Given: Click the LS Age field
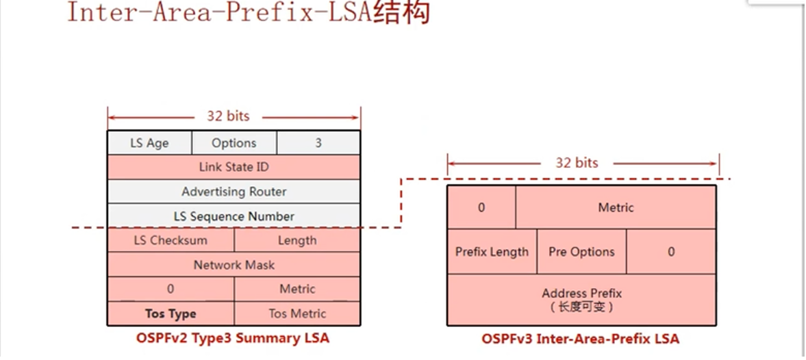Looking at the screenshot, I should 149,143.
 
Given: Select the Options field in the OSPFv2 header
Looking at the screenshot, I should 234,143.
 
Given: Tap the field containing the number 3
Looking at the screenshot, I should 318,143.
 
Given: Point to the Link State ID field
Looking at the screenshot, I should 234,167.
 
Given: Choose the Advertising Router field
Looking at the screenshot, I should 234,192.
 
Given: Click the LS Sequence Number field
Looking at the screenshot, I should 234,216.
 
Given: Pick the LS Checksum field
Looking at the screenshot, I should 171,240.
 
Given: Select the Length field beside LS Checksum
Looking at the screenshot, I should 297,240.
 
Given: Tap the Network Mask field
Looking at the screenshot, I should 234,265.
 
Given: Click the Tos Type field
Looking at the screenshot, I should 171,313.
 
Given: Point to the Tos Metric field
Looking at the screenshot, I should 297,313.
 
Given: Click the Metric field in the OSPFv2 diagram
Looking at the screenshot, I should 297,289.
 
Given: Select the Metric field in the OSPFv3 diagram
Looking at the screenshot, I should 616,207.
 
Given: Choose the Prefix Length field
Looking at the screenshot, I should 492,252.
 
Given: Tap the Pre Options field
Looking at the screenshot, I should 581,252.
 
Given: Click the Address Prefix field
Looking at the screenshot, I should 581,299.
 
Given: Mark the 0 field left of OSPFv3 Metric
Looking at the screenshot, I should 481,207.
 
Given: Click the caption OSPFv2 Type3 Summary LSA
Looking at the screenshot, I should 233,338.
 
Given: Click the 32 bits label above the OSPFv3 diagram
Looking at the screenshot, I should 577,163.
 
